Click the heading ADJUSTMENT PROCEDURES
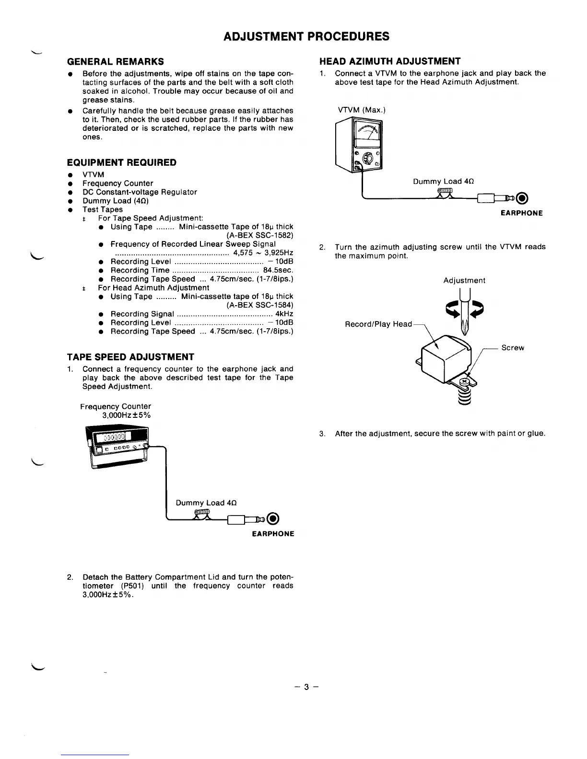(x=306, y=36)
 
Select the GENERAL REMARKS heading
(x=116, y=61)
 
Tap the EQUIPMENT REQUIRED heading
(x=122, y=162)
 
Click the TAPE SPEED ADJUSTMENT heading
(x=130, y=357)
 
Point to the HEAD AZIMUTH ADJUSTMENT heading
(x=390, y=61)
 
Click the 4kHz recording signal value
(x=284, y=314)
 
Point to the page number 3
(x=306, y=687)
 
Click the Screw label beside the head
(x=512, y=348)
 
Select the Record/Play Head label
(x=378, y=324)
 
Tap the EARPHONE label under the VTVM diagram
(x=521, y=213)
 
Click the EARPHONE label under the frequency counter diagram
(x=273, y=534)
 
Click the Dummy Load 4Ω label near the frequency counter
(x=206, y=503)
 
